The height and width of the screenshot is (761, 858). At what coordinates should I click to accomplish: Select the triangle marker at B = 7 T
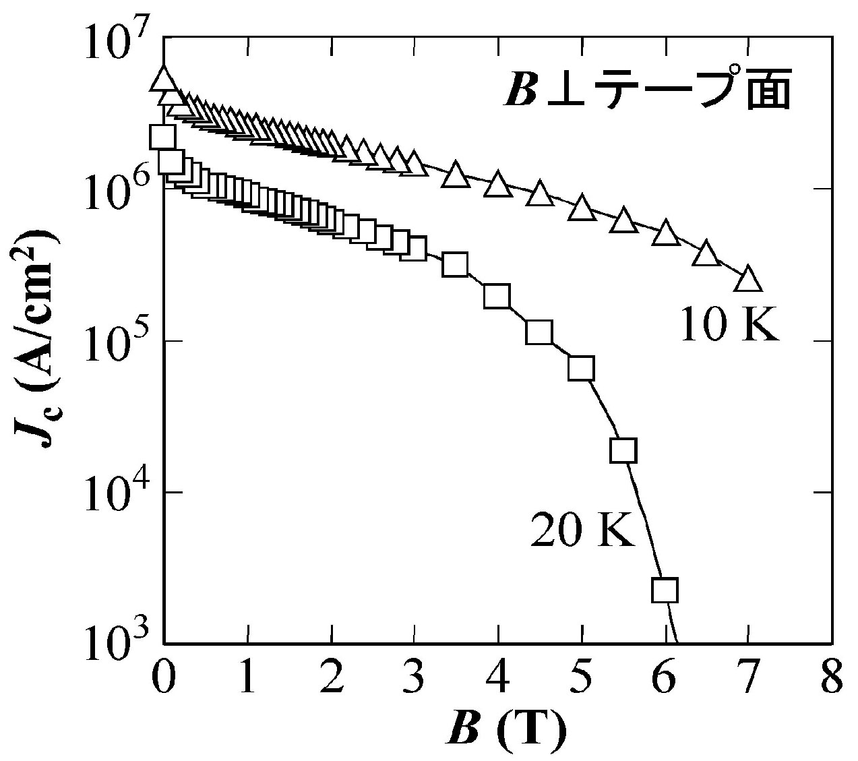(x=748, y=279)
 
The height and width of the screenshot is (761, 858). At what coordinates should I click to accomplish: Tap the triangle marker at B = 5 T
(x=582, y=208)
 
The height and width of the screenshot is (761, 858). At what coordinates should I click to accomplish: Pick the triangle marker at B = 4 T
(x=497, y=183)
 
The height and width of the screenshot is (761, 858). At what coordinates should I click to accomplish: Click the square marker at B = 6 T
(x=665, y=590)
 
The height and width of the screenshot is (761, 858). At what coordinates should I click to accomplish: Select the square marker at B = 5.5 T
(x=623, y=450)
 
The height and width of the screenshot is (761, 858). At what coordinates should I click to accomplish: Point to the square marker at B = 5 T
(x=581, y=369)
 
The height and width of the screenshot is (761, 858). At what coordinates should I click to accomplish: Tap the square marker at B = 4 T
(x=497, y=295)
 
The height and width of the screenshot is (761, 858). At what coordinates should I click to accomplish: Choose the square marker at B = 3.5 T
(x=456, y=264)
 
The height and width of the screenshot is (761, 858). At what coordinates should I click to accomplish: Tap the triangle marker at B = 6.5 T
(x=706, y=254)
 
